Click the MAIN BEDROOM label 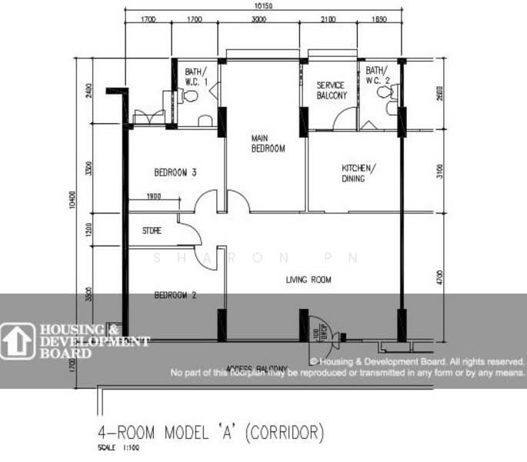pos(268,143)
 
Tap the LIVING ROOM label pos(308,280)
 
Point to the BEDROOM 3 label pos(175,172)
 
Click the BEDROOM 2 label pos(175,295)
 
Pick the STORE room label pos(152,230)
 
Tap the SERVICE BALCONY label pos(332,90)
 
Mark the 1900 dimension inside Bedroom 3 pos(153,197)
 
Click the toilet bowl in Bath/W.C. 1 pos(189,95)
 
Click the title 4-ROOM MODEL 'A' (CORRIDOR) pos(211,432)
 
